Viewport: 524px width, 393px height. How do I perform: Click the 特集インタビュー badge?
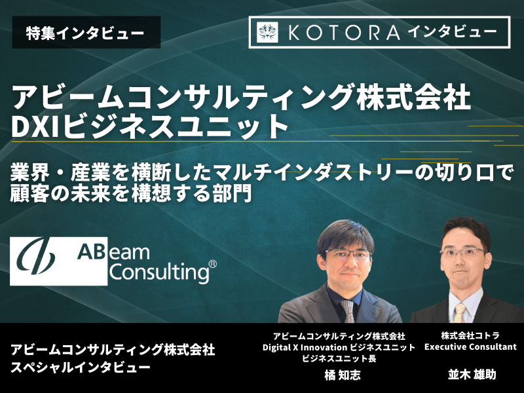(x=86, y=32)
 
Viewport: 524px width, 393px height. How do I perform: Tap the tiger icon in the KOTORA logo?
(x=267, y=32)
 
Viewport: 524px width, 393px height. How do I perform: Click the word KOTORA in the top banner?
(x=344, y=32)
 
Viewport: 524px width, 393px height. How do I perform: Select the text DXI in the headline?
(x=37, y=126)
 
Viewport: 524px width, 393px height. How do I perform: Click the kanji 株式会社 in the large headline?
(x=414, y=97)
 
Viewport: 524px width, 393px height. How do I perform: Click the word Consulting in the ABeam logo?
(x=160, y=272)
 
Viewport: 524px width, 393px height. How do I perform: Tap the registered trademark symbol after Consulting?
(x=212, y=265)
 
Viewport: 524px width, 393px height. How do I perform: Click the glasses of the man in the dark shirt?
(x=348, y=255)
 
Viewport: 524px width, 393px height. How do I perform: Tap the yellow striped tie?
(x=460, y=313)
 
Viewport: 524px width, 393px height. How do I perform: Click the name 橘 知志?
(x=343, y=375)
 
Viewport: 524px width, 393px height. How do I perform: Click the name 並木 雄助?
(x=472, y=374)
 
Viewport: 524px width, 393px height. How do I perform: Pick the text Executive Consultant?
(x=470, y=347)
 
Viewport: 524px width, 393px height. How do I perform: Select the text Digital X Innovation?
(x=305, y=348)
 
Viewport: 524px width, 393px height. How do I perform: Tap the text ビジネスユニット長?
(x=339, y=358)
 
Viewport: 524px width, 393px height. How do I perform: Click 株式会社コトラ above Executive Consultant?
(x=470, y=335)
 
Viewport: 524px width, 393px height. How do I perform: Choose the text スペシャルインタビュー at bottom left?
(x=80, y=367)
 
